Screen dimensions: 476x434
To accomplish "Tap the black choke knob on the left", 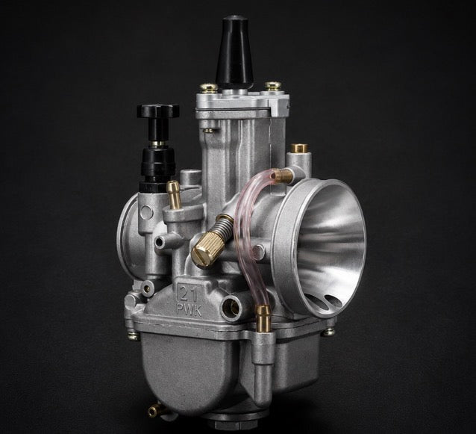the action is pyautogui.click(x=158, y=111).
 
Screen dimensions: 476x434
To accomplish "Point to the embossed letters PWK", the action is pyautogui.click(x=189, y=311).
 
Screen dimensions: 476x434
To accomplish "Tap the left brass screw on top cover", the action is pyautogui.click(x=209, y=87).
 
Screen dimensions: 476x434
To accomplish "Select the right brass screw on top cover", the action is pyautogui.click(x=272, y=86).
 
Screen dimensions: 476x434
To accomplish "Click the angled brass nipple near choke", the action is pyautogui.click(x=174, y=194).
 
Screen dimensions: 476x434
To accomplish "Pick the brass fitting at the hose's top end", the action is pyautogui.click(x=282, y=176).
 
